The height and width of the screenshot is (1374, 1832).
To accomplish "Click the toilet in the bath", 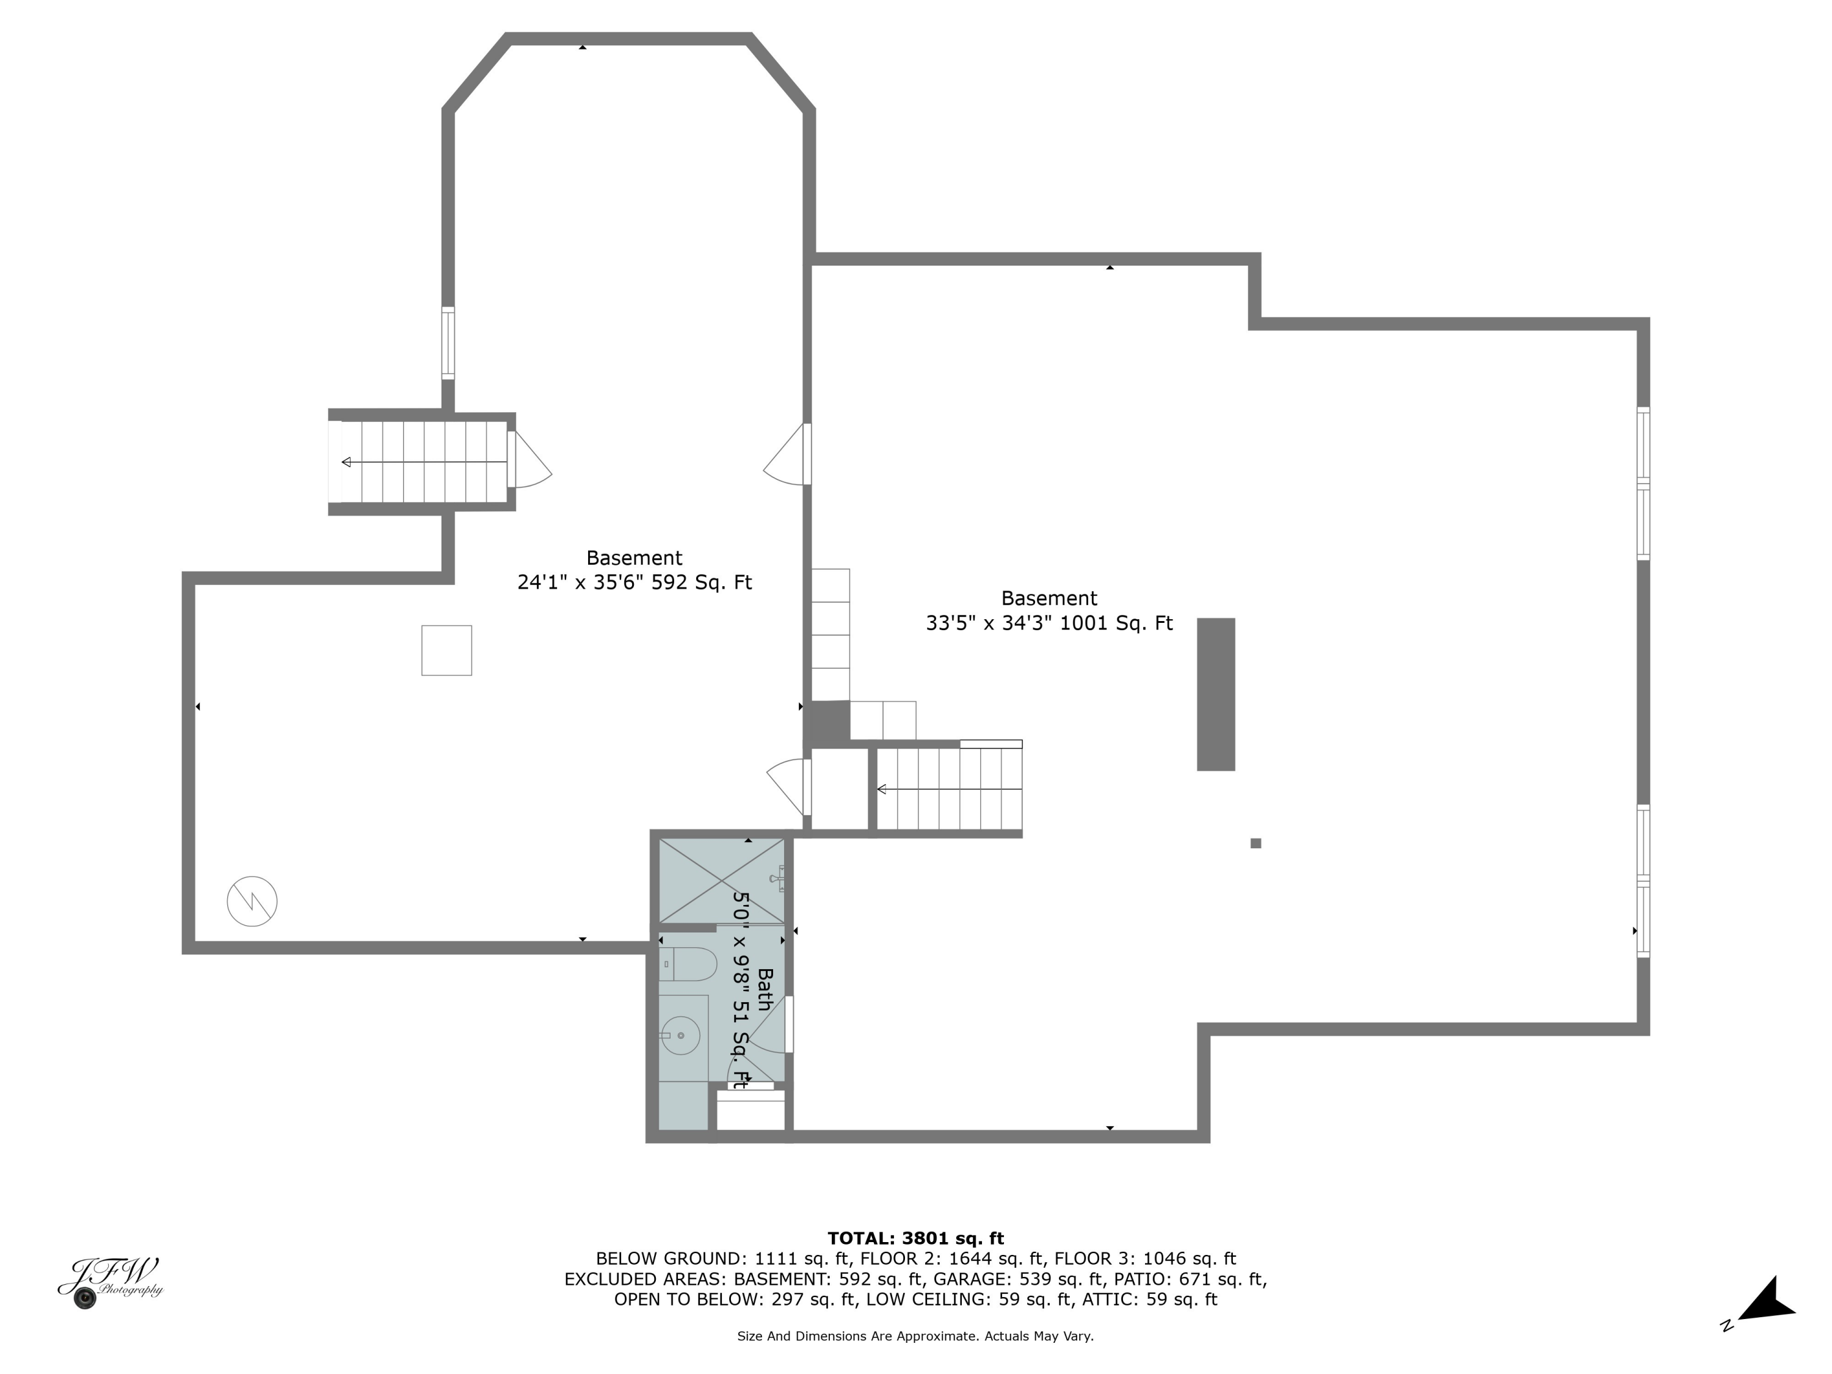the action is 688,965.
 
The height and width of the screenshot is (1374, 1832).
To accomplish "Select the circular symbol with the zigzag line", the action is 252,901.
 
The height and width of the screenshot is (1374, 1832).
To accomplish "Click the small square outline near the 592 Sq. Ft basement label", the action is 446,650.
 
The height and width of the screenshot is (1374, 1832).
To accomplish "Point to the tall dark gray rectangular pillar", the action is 1216,694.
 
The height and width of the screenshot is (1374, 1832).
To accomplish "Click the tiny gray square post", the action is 1256,843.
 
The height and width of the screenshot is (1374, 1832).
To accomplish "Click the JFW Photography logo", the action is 110,1282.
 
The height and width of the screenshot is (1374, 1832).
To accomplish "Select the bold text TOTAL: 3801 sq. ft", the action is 915,1238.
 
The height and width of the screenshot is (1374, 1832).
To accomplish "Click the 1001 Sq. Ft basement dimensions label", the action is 1049,623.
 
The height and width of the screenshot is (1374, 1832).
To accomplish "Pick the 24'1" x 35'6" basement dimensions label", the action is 634,582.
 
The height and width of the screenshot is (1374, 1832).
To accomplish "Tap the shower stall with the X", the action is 721,881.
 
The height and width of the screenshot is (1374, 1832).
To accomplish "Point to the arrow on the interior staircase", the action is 949,789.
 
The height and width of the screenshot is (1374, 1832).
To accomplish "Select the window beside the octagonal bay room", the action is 448,343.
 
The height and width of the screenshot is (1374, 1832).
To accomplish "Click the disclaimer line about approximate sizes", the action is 915,1336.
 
